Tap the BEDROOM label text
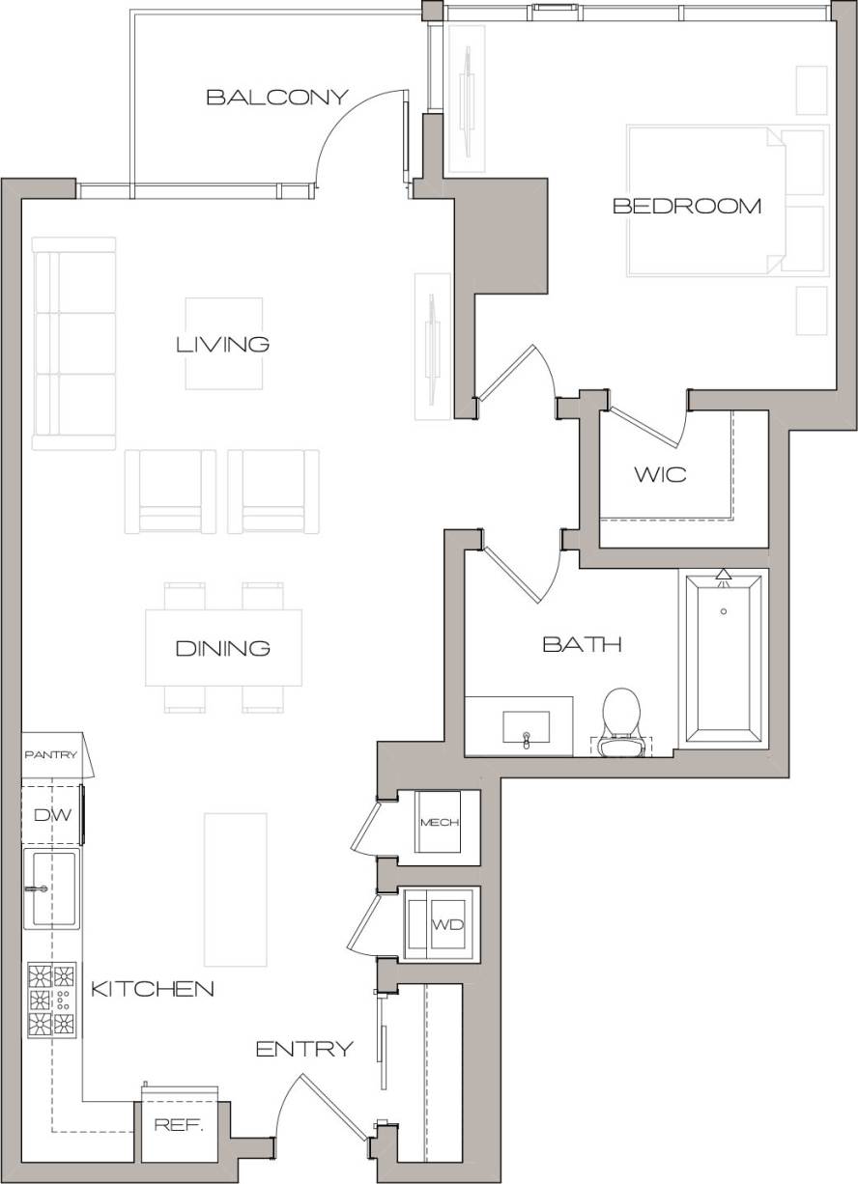[687, 206]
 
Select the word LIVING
[222, 344]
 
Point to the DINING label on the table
[222, 648]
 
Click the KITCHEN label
[152, 989]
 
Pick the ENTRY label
[304, 1049]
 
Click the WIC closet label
[660, 475]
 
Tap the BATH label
[581, 644]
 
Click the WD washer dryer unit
[441, 924]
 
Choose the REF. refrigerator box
[180, 1126]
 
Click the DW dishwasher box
[52, 815]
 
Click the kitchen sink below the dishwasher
[52, 888]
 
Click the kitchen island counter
[235, 888]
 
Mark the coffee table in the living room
[223, 343]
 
